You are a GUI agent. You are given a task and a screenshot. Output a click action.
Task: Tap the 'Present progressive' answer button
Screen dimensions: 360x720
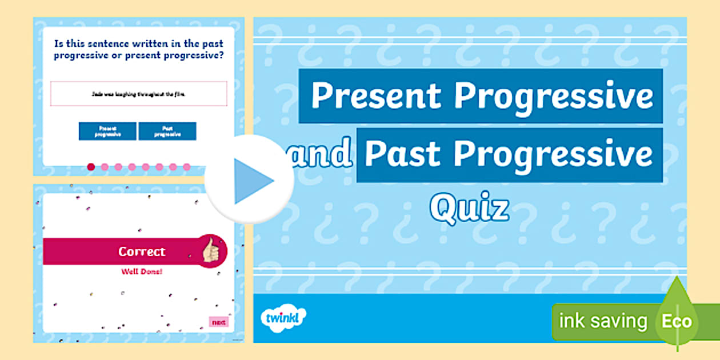[107, 131]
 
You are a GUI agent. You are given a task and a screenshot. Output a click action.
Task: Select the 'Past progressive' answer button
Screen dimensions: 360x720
[167, 131]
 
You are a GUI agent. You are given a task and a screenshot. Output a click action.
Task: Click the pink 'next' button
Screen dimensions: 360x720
[218, 322]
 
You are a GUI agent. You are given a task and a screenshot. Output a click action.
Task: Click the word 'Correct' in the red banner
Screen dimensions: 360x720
[142, 251]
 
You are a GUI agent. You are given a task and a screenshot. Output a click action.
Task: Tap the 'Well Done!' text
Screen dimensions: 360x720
[142, 271]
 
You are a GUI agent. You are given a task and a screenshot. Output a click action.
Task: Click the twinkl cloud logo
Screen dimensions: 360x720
[283, 318]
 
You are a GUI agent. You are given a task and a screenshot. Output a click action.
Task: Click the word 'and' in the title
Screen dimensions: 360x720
[322, 154]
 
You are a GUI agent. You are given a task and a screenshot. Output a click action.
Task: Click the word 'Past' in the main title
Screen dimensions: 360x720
[403, 154]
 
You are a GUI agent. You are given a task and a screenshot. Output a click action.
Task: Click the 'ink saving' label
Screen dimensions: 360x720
[603, 321]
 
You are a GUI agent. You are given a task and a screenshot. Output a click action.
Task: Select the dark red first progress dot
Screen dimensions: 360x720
[91, 167]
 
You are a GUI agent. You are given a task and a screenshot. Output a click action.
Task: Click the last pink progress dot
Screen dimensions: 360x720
[187, 167]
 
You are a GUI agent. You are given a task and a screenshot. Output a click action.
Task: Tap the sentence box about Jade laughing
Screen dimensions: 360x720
[139, 94]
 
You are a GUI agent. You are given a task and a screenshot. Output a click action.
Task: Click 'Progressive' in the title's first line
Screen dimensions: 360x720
[553, 96]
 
